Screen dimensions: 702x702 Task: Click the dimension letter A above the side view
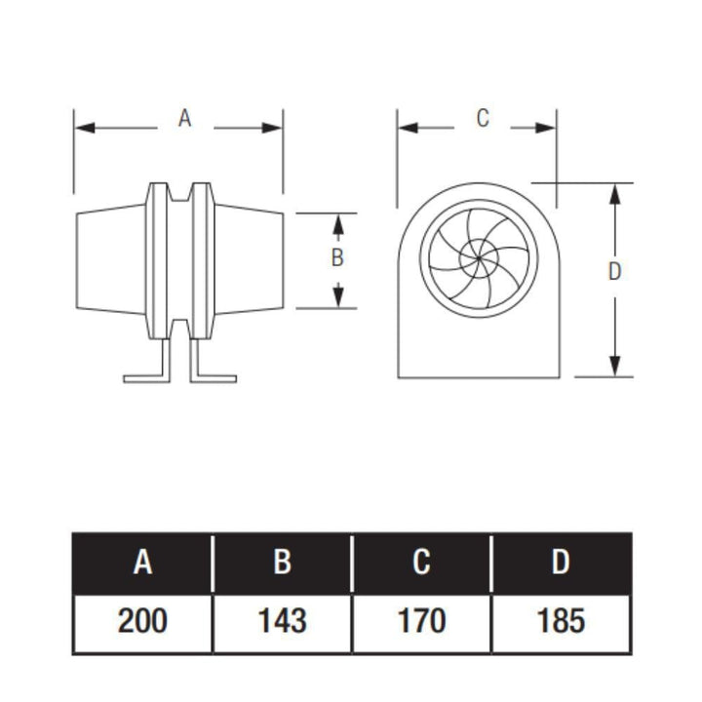point(184,119)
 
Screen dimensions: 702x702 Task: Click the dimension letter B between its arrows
point(337,258)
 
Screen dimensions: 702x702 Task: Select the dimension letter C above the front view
point(482,119)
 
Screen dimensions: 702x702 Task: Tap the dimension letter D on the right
point(614,272)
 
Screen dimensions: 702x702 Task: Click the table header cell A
point(142,564)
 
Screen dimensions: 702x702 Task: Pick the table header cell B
point(282,564)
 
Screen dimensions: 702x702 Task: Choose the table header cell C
point(421,564)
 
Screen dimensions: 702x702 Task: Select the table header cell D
point(561,564)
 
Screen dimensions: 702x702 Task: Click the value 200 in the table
point(142,620)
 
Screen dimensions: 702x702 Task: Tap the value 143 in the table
point(282,620)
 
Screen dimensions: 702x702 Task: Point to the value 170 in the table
point(421,620)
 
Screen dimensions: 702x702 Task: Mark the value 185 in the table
point(561,620)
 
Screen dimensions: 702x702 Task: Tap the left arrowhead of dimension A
point(83,128)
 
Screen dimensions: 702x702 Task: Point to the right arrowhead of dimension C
point(549,128)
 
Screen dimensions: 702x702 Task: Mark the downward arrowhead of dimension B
point(337,297)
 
